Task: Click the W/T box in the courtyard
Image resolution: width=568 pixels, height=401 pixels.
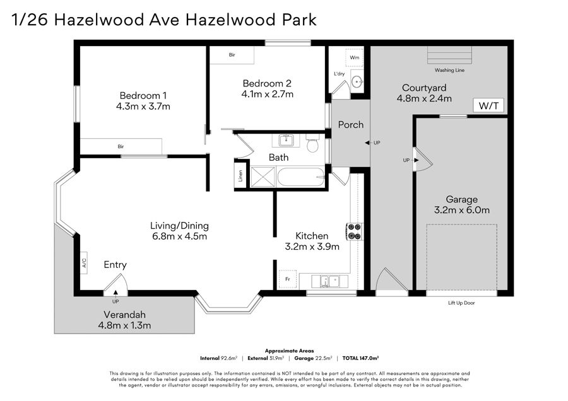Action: click(488, 105)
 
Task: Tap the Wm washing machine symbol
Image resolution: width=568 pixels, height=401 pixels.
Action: click(354, 57)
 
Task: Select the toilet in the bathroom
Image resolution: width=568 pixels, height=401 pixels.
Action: click(312, 143)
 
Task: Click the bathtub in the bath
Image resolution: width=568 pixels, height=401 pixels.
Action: click(300, 177)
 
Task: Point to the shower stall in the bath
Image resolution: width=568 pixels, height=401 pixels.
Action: click(263, 177)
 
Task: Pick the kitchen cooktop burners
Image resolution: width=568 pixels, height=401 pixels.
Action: click(354, 231)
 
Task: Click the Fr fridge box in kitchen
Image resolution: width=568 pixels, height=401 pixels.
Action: click(287, 279)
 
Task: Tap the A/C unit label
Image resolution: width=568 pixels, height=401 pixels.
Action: click(84, 263)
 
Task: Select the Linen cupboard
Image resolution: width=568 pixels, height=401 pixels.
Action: click(240, 176)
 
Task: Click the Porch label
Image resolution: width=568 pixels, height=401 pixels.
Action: click(351, 125)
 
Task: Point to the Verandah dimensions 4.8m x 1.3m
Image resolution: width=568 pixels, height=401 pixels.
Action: click(124, 325)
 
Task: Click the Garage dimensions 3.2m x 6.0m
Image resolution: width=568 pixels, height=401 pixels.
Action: click(462, 210)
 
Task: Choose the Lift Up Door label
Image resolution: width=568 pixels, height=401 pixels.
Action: click(461, 303)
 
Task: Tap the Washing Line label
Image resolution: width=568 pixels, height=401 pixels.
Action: click(449, 70)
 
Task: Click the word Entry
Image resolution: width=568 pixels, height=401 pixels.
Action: click(115, 265)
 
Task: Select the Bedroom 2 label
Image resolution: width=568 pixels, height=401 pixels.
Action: click(267, 84)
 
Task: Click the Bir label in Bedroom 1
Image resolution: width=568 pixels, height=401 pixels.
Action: click(121, 146)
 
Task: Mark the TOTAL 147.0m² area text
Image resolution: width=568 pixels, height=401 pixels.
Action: click(360, 358)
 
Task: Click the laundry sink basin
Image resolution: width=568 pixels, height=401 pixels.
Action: click(357, 82)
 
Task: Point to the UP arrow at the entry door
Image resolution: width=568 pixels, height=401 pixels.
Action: click(115, 293)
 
